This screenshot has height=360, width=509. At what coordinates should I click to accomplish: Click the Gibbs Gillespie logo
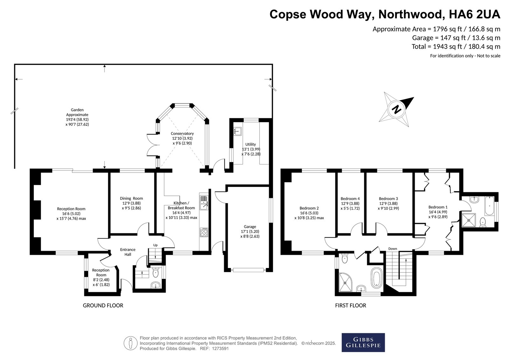point(363,342)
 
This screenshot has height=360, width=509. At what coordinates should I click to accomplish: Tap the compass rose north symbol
point(396,109)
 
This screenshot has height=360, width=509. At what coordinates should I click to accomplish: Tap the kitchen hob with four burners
point(204,232)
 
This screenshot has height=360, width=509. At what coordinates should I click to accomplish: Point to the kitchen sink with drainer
point(204,203)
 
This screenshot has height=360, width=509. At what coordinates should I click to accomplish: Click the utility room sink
point(237,131)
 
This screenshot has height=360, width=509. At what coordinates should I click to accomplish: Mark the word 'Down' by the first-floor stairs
point(393,249)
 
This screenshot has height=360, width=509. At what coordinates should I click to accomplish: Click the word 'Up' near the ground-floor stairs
point(156,245)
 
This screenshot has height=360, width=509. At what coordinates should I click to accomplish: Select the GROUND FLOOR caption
point(103,306)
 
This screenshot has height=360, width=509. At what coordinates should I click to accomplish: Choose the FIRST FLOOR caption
point(351,306)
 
